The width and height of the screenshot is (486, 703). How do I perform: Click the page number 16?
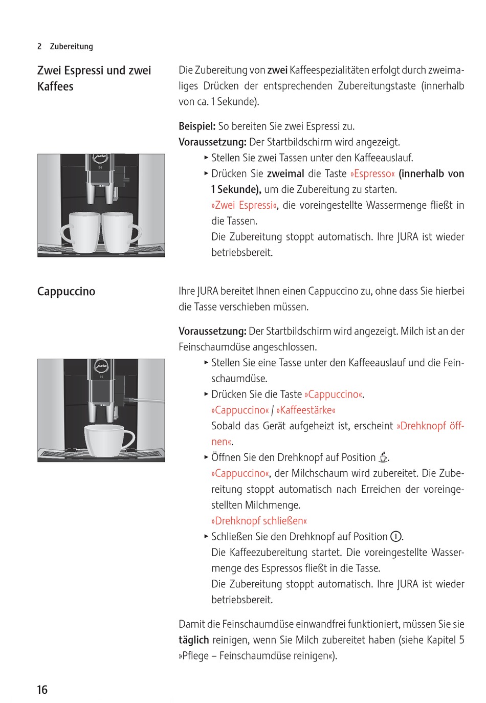(42, 689)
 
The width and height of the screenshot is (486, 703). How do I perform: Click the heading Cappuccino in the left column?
(66, 292)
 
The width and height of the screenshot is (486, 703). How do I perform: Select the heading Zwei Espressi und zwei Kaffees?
(94, 78)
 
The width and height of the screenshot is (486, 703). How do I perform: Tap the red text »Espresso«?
(372, 174)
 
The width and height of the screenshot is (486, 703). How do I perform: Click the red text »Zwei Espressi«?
(244, 205)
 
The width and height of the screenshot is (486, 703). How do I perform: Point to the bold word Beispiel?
(197, 126)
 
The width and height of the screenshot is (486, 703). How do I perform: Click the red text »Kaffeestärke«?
(306, 410)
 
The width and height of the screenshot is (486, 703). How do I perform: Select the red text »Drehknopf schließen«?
(259, 521)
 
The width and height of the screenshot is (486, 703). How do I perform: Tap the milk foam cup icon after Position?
(383, 457)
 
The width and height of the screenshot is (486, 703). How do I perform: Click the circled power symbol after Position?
(395, 537)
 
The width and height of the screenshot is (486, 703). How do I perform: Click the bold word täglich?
(193, 640)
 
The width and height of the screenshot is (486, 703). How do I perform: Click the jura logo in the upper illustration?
(101, 159)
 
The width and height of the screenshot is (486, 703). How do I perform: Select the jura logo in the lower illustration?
(101, 366)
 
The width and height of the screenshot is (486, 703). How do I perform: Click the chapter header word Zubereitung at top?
(71, 47)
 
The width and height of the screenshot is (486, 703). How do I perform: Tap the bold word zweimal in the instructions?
(285, 174)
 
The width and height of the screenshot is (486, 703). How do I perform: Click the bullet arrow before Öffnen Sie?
(206, 456)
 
